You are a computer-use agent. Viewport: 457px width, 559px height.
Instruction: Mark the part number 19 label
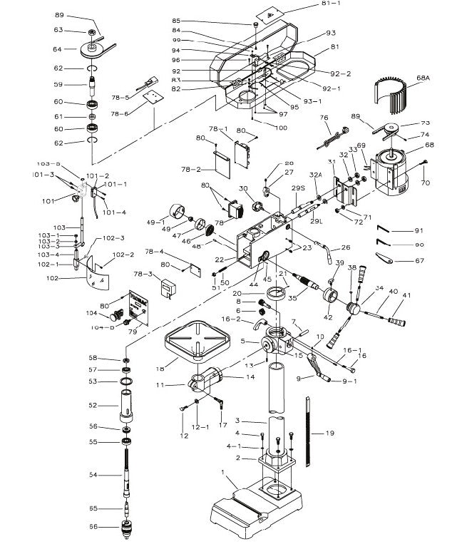[329, 433]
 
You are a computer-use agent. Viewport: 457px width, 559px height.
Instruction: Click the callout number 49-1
[156, 222]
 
